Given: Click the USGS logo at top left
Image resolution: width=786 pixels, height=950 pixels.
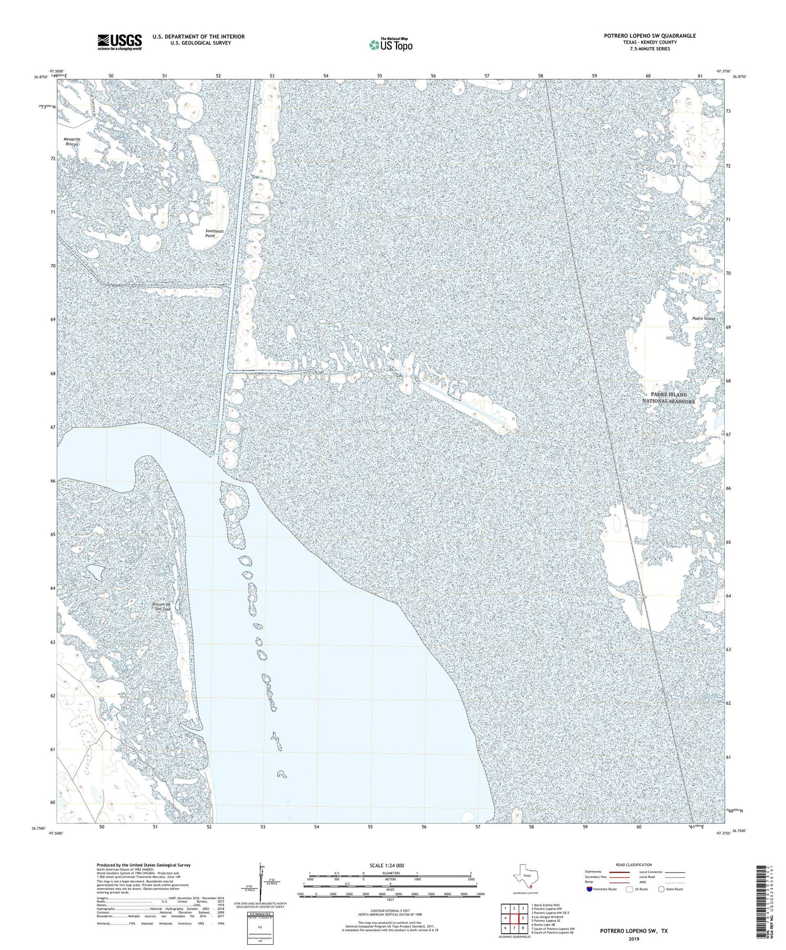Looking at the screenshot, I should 119,42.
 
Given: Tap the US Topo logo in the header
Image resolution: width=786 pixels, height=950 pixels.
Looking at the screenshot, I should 390,45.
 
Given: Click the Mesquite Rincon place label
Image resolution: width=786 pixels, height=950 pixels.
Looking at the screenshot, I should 72,141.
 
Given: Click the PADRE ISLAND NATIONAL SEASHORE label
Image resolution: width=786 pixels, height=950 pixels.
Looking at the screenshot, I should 669,398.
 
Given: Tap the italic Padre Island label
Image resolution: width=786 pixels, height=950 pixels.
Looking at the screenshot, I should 703,318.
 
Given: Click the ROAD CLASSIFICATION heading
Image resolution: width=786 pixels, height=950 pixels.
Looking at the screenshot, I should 634,865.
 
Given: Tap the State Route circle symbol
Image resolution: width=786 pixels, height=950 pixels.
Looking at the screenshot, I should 661,889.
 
